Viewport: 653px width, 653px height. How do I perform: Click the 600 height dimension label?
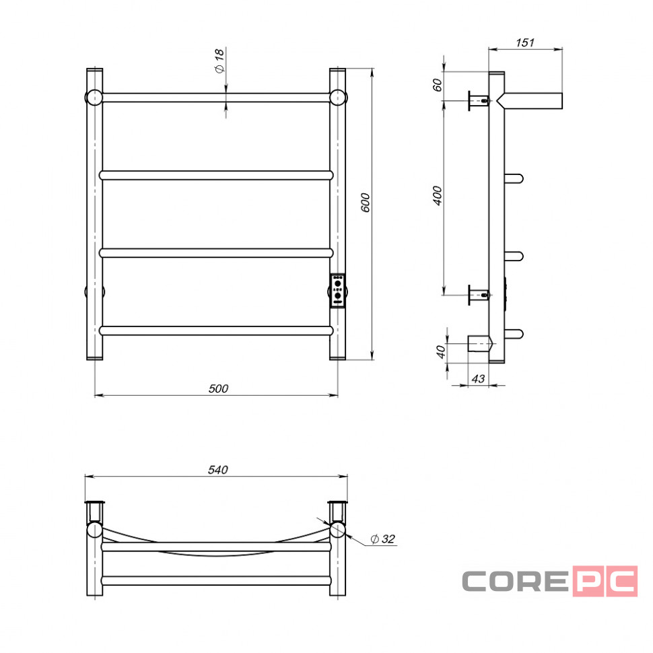pyautogui.click(x=366, y=203)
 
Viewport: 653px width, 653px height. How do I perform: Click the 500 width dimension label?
pyautogui.click(x=218, y=388)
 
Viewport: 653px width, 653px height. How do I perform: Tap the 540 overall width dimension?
pyautogui.click(x=218, y=470)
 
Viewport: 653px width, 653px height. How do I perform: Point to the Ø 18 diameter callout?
pyautogui.click(x=219, y=61)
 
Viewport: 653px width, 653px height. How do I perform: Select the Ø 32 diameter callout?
pyautogui.click(x=382, y=539)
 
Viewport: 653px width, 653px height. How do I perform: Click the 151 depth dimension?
pyautogui.click(x=524, y=42)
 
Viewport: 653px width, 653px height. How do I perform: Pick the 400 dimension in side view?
pyautogui.click(x=438, y=195)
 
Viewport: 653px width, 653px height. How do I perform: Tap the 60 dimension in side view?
pyautogui.click(x=438, y=85)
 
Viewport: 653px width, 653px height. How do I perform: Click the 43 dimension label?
pyautogui.click(x=478, y=378)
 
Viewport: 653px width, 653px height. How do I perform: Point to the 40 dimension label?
pyautogui.click(x=441, y=352)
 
